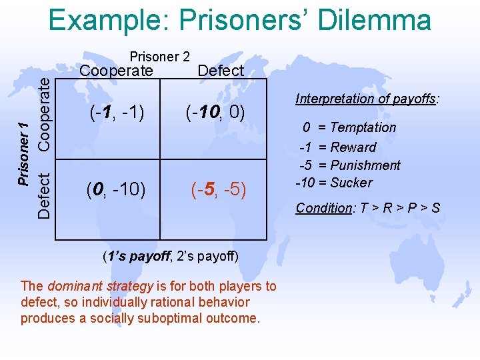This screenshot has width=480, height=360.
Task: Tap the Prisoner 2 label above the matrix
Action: tap(160, 57)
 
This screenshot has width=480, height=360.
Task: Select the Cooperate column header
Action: tap(117, 71)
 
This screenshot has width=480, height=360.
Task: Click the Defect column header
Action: tap(221, 71)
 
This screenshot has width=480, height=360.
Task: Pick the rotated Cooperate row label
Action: tap(44, 111)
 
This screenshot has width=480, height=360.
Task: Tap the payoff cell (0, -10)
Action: tap(116, 190)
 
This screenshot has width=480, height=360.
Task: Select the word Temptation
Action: tap(363, 127)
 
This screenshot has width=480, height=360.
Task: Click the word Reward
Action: tap(353, 147)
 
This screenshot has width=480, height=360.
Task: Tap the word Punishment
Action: tap(365, 165)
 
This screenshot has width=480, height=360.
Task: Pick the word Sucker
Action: tap(351, 183)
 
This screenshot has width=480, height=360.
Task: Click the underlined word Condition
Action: tap(323, 208)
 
